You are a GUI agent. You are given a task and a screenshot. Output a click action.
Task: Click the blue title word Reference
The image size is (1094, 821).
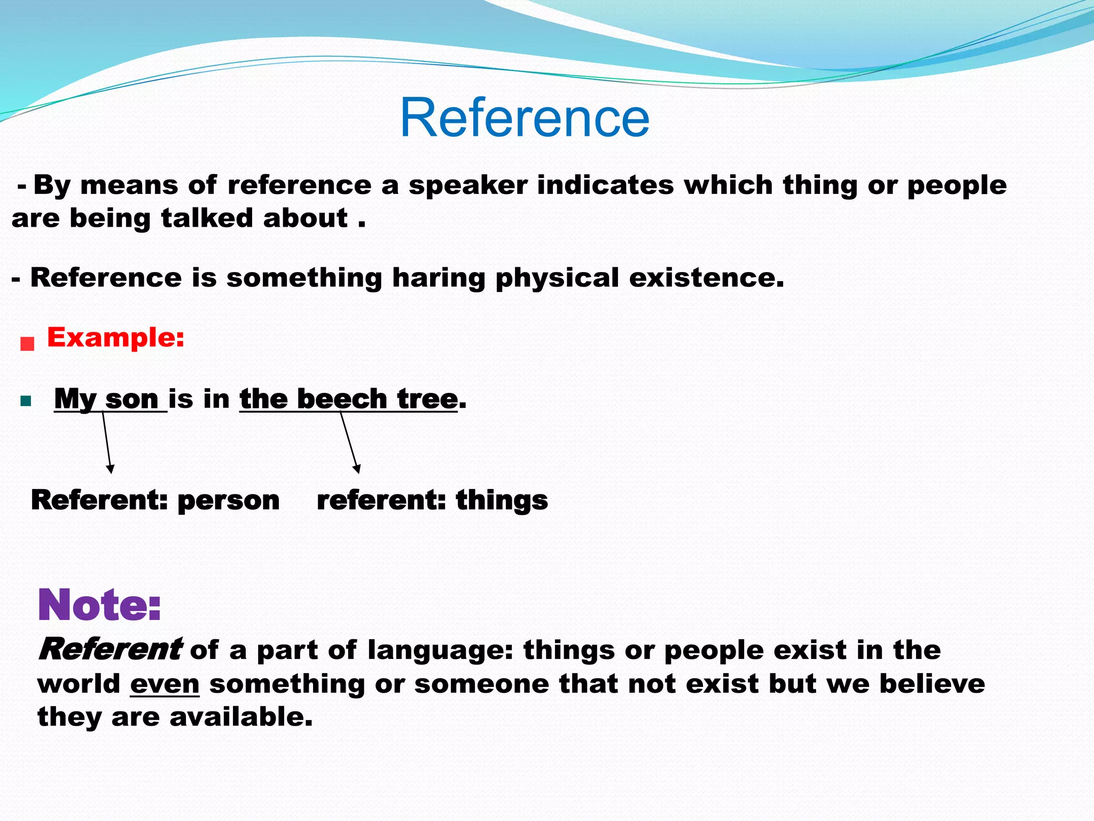[525, 118]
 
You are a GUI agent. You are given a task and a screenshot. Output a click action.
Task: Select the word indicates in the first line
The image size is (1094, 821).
[605, 185]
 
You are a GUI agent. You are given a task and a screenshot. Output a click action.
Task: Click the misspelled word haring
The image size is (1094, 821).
[438, 278]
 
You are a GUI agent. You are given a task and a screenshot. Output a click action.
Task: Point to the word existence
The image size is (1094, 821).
[706, 278]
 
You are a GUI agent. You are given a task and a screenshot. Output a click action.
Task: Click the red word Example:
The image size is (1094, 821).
[115, 338]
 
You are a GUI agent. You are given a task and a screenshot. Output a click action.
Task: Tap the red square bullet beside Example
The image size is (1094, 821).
[27, 344]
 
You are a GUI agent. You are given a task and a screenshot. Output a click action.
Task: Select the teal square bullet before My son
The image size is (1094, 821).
[26, 401]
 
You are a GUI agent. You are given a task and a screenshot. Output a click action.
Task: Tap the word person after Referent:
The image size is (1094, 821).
[228, 501]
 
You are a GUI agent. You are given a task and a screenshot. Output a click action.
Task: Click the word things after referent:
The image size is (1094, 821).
[502, 501]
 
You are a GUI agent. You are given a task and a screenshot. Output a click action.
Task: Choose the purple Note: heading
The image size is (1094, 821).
[99, 605]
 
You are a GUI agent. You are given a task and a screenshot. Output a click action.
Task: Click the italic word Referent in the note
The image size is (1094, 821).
[110, 650]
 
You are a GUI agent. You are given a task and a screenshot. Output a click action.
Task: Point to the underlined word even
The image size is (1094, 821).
[165, 684]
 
